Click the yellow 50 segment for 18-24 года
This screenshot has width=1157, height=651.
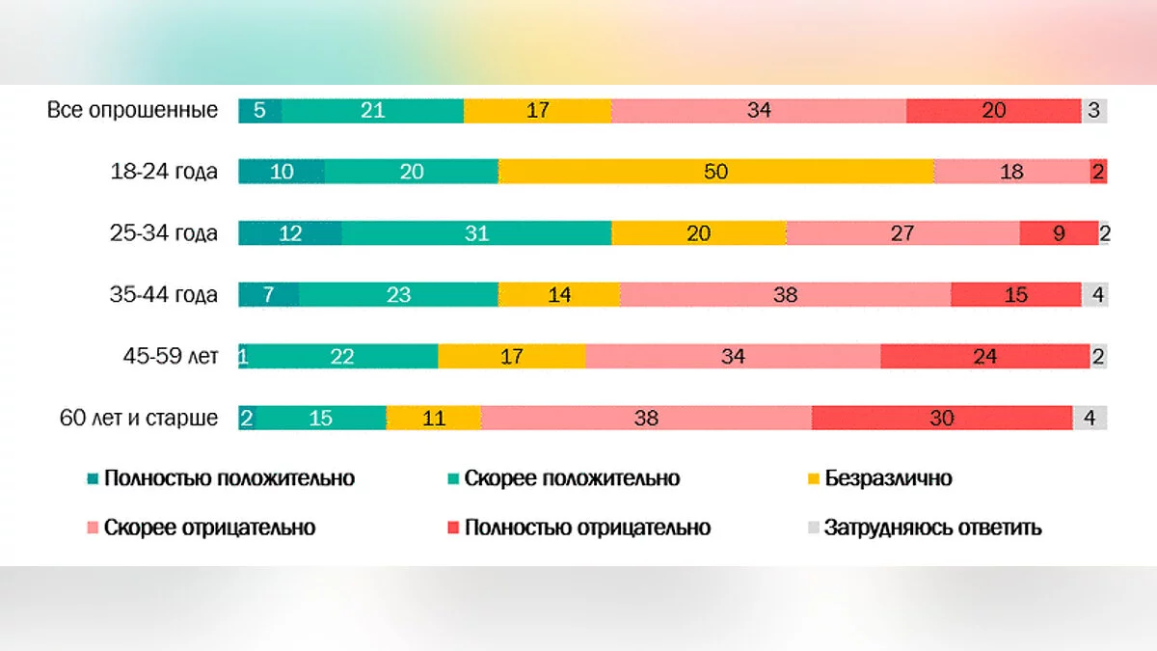coord(715,172)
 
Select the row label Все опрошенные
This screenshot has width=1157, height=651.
coord(133,110)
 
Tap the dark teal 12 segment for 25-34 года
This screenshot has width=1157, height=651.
coord(289,232)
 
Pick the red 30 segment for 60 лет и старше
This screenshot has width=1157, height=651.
coord(942,418)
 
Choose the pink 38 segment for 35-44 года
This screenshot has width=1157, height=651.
coord(785,294)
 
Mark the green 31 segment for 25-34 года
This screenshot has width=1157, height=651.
coord(476,232)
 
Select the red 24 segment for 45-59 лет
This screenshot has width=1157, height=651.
coord(984,356)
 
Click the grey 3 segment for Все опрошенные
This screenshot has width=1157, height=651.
coord(1094,110)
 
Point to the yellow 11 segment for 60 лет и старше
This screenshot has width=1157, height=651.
coord(434,418)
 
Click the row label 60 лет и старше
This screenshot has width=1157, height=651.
coord(139,418)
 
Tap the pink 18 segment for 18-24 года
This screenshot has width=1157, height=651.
coord(1011,172)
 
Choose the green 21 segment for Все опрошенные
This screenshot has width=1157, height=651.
coord(372,110)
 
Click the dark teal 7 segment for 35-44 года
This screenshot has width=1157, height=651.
coord(269,294)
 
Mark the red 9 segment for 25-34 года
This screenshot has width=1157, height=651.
coord(1059,232)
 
